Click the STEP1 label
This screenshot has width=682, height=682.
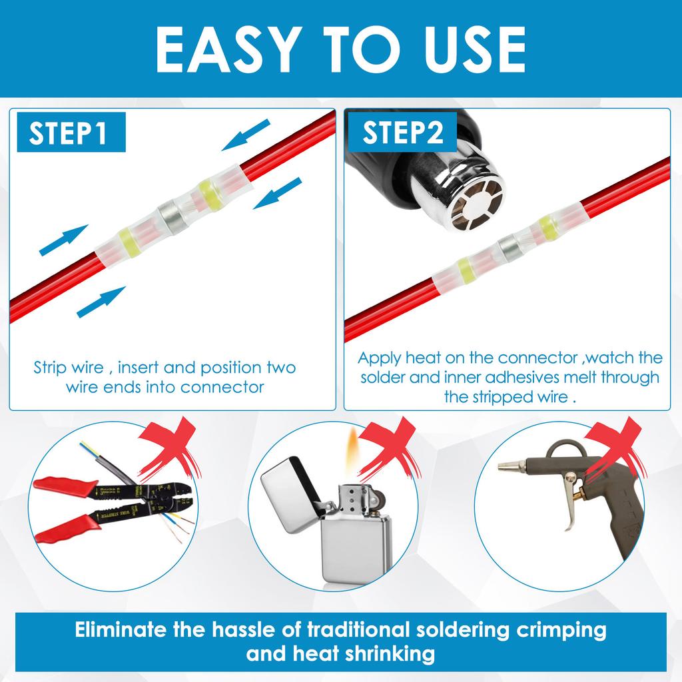click(69, 133)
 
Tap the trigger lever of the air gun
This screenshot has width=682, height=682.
click(570, 506)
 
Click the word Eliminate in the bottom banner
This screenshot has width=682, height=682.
click(130, 630)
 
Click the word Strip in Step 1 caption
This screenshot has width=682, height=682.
click(50, 368)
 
